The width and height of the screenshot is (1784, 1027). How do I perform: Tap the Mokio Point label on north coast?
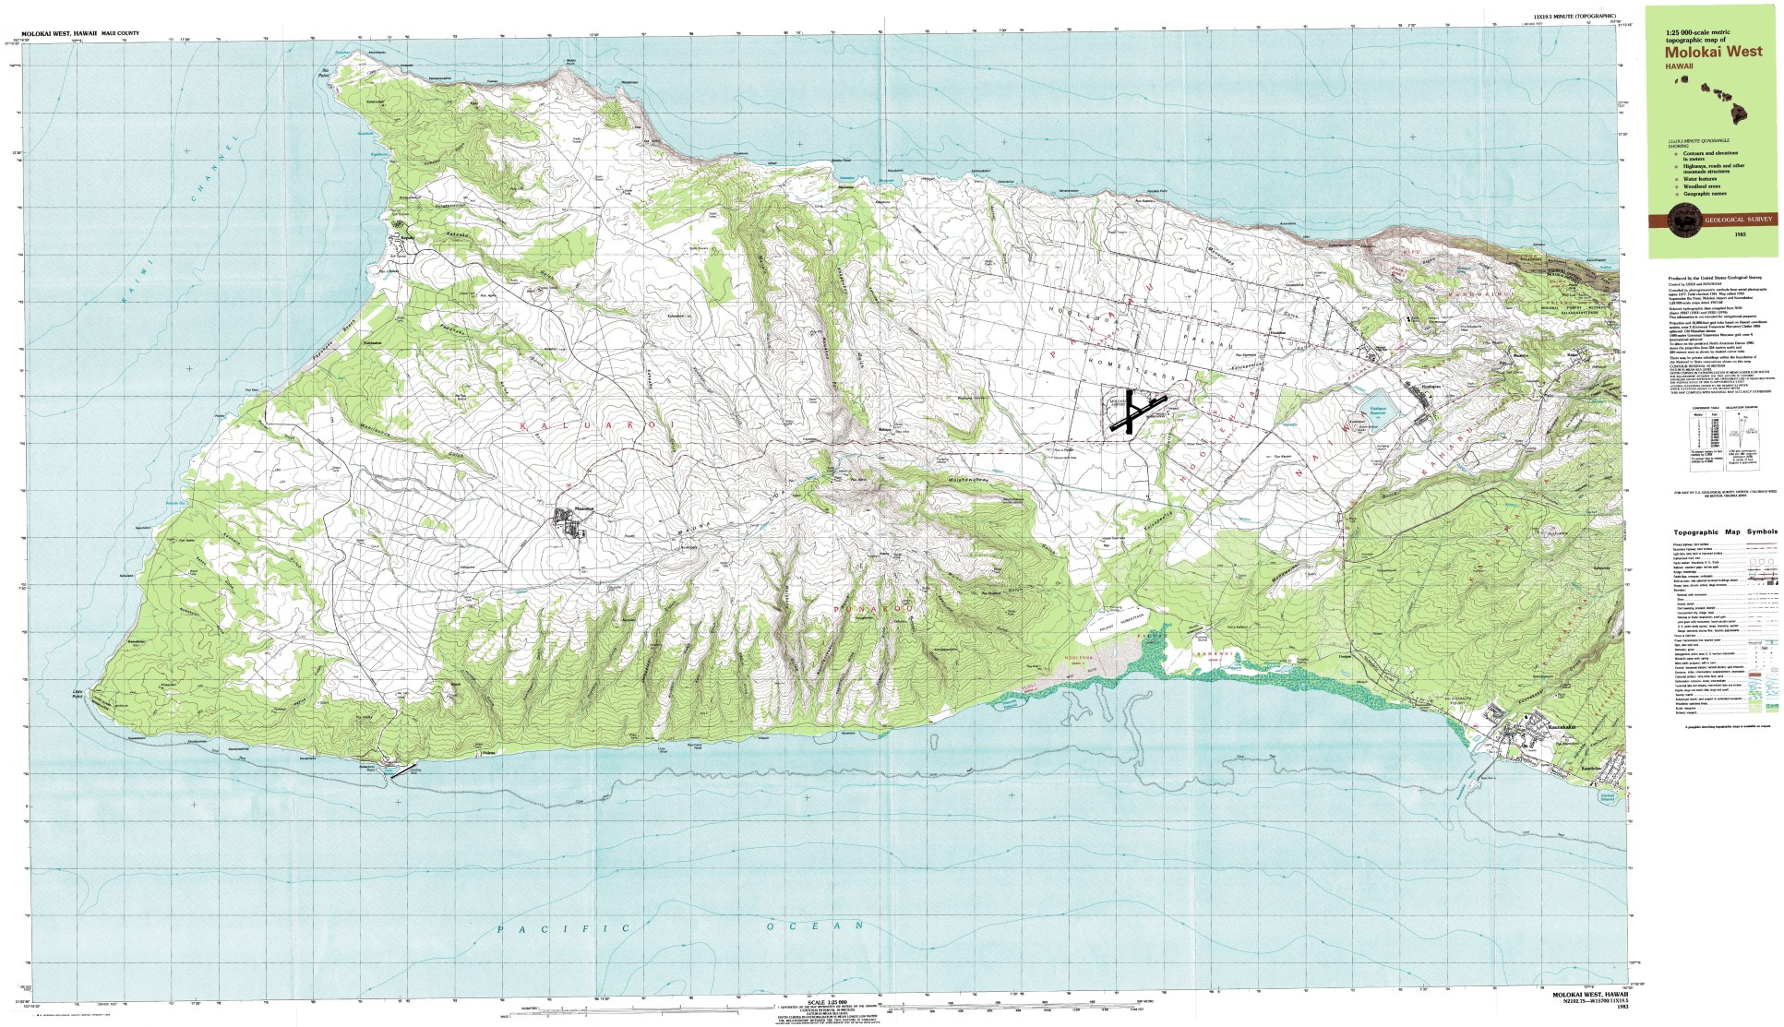[x=570, y=63]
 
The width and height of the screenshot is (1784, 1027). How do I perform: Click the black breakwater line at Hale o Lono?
[x=403, y=772]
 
